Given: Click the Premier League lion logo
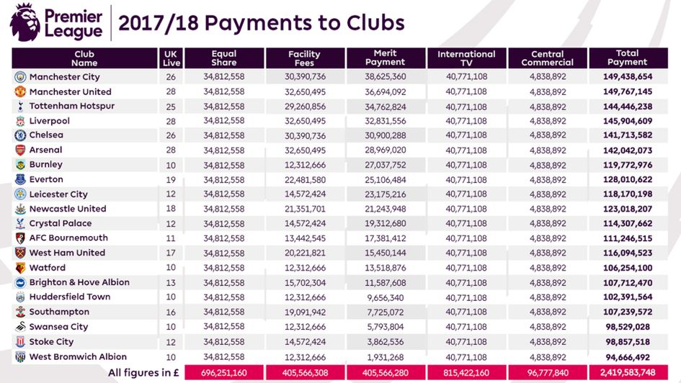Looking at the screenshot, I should click(x=27, y=22).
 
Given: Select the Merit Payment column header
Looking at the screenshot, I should click(x=385, y=58).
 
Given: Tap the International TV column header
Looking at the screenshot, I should click(x=466, y=58).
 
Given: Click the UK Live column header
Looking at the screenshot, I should click(x=170, y=58).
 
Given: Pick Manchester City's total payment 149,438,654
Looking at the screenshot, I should click(x=624, y=77).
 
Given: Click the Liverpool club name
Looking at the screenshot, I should click(x=50, y=121).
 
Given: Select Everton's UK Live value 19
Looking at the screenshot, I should click(x=170, y=179).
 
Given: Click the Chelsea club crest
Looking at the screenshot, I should click(x=20, y=135).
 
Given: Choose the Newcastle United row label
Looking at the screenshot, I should click(x=68, y=209).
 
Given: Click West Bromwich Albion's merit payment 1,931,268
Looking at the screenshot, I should click(x=387, y=357).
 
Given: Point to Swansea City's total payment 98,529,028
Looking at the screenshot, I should click(x=626, y=328).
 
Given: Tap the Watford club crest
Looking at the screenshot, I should click(x=20, y=268).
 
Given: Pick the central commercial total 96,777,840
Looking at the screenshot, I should click(x=548, y=373).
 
